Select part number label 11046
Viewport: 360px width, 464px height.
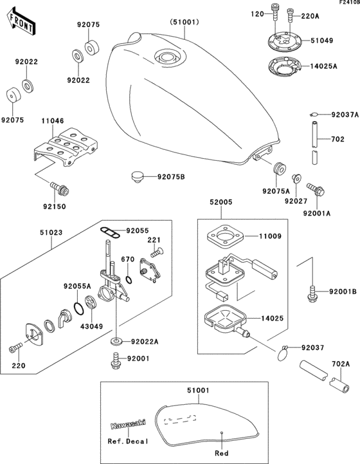tap(53, 121)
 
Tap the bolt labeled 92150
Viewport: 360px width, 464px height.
tap(59, 188)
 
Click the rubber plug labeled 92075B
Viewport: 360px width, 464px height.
tap(136, 177)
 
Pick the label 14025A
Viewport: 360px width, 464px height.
tap(323, 66)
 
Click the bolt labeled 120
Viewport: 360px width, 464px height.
tap(274, 12)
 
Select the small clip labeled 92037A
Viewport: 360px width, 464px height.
tap(314, 114)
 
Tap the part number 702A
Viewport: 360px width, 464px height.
tap(341, 364)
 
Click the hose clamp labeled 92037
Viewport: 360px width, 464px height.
tap(283, 353)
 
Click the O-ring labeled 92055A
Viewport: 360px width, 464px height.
tap(78, 309)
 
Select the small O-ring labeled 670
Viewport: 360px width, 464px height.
tap(129, 279)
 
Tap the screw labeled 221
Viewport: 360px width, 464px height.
tap(157, 252)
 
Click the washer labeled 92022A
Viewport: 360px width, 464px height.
tap(117, 342)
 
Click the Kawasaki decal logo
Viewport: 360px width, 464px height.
tap(129, 424)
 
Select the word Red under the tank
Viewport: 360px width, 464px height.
tap(222, 453)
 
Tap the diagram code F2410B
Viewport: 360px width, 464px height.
tap(349, 2)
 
